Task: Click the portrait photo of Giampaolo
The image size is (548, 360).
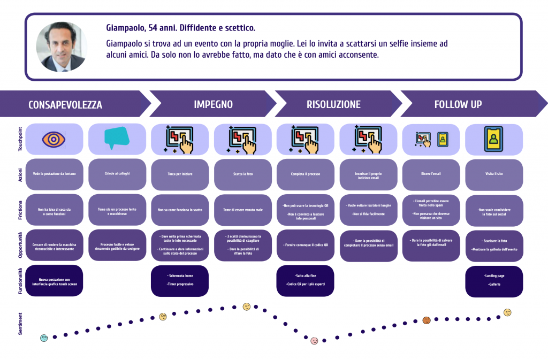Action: click(62, 47)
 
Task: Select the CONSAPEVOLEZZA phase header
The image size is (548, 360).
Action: click(65, 104)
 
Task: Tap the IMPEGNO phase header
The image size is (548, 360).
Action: click(213, 104)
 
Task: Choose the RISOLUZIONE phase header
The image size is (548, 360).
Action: click(333, 104)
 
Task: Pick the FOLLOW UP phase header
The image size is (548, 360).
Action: click(458, 104)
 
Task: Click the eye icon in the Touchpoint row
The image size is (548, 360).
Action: click(54, 140)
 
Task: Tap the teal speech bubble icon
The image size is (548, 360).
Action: click(117, 139)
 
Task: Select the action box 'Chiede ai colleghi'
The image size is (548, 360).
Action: click(117, 174)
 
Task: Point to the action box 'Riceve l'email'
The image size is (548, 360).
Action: click(431, 174)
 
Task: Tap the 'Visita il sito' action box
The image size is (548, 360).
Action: click(494, 174)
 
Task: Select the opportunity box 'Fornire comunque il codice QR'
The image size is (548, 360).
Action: click(305, 246)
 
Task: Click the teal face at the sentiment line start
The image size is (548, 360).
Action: click(44, 338)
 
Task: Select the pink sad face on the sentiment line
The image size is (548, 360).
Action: click(315, 341)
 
